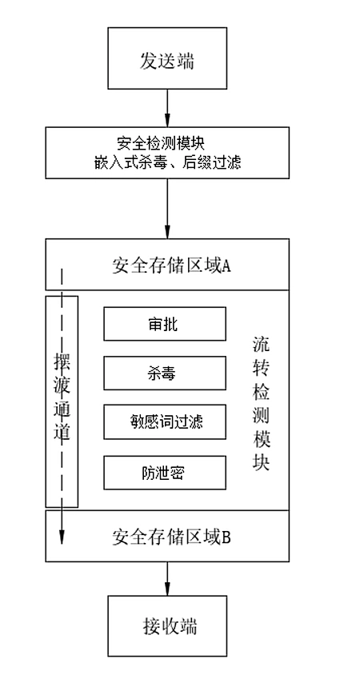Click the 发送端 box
167,58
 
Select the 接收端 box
167,625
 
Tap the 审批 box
165,324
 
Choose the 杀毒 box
165,373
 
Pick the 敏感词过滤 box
165,422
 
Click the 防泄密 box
165,473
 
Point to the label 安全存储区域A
171,266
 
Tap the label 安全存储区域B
171,537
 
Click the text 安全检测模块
160,144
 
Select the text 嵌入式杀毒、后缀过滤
167,163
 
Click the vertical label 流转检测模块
262,403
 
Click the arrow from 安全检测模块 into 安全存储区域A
167,209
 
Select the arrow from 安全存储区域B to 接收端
167,578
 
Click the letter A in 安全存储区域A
226,266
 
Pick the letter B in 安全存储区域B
226,537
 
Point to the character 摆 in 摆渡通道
62,361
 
